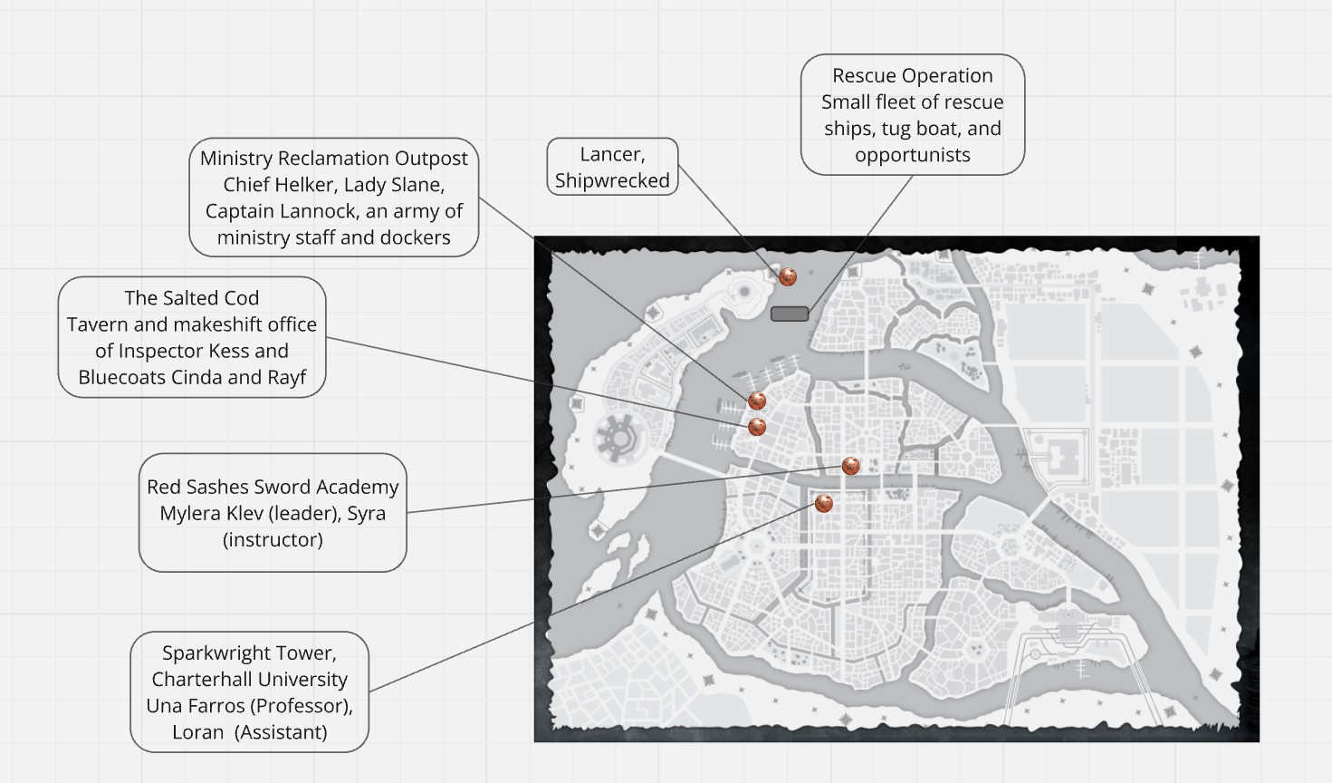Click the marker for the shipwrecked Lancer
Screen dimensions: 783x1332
[788, 276]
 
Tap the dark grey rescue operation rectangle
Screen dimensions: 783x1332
[790, 314]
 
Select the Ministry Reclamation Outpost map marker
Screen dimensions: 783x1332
[757, 400]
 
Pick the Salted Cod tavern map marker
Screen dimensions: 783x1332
[757, 426]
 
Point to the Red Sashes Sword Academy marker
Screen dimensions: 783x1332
[850, 466]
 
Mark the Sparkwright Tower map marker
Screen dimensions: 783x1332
[823, 502]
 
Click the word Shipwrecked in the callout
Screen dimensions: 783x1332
[612, 180]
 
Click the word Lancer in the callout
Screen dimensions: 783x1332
[612, 154]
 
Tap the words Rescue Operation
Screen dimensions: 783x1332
[912, 75]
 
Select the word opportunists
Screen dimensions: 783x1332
[912, 155]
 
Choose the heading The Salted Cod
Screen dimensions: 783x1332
[192, 298]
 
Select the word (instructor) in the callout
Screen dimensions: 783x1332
[273, 539]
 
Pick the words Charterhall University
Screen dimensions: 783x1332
[250, 679]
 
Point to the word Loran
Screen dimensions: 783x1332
[198, 732]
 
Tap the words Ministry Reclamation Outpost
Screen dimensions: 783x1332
[334, 158]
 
